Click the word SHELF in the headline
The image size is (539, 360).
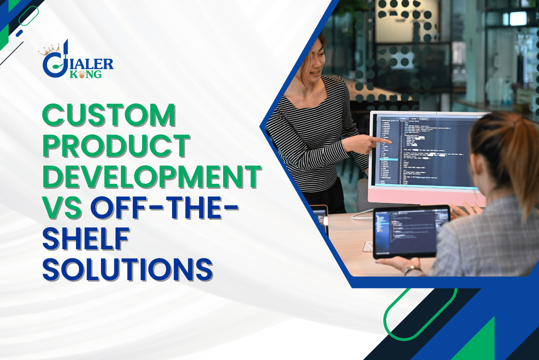click(x=86, y=239)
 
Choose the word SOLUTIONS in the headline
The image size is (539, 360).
click(x=128, y=269)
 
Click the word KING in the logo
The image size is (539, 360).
click(x=86, y=74)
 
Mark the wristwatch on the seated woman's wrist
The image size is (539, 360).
click(x=412, y=270)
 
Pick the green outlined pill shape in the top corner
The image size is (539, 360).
click(x=28, y=16)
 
